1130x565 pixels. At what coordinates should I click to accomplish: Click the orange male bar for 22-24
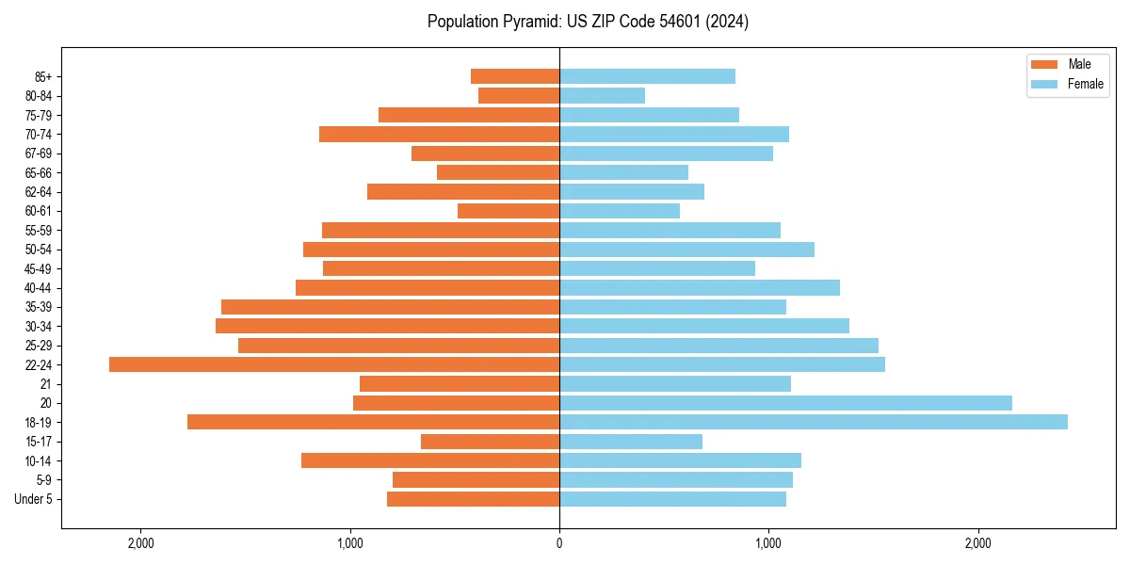[x=334, y=364]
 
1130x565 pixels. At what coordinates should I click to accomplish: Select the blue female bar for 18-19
[x=814, y=422]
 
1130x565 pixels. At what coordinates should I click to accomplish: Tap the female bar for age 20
[x=785, y=403]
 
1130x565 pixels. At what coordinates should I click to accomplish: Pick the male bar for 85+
[x=515, y=76]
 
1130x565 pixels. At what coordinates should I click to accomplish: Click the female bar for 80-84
[x=603, y=95]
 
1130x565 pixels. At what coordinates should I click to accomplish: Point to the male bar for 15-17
[x=490, y=442]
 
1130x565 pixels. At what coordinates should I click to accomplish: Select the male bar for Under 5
[x=473, y=499]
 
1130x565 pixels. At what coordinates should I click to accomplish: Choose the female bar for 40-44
[x=700, y=287]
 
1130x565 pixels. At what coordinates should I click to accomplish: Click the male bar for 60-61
[x=508, y=211]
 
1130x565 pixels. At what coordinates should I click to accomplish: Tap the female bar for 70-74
[x=674, y=134]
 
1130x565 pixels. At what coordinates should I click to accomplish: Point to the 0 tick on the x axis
[x=559, y=543]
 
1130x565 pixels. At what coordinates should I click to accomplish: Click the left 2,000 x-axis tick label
[x=141, y=543]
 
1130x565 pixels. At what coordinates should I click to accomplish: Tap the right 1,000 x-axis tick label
[x=768, y=543]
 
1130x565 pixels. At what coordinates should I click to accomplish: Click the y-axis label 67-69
[x=38, y=153]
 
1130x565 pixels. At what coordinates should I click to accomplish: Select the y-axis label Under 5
[x=33, y=499]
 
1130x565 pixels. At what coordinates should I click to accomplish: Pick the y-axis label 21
[x=46, y=384]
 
